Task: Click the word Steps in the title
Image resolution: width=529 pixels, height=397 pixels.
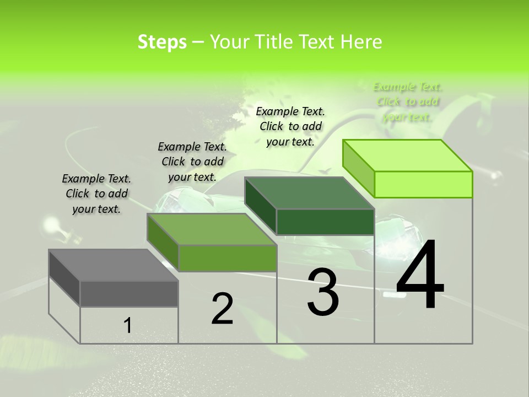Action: pos(162,42)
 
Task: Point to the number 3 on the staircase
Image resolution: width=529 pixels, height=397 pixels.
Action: pos(323,292)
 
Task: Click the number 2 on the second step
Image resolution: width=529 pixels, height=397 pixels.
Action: pos(222,309)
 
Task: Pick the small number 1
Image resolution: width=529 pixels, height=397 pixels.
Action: pos(127,325)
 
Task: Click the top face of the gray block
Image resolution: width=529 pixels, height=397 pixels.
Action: pos(113,265)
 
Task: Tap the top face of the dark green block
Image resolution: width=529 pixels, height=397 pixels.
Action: pos(310,193)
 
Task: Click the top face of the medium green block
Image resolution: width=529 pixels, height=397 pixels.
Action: pos(212,229)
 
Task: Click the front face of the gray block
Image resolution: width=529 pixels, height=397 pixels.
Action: pos(129,293)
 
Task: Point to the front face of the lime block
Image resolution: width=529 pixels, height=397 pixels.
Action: pos(423,184)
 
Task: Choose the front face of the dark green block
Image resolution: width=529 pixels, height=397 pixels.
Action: pos(325,222)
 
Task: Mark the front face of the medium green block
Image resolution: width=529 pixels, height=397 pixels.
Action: pos(227,258)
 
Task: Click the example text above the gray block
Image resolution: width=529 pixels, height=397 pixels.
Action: pos(96,194)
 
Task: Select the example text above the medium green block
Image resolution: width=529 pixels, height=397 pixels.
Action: pos(192,162)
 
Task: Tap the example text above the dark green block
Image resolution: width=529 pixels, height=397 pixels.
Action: pos(290,126)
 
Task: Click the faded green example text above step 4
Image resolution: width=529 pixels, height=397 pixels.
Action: pos(408,101)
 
